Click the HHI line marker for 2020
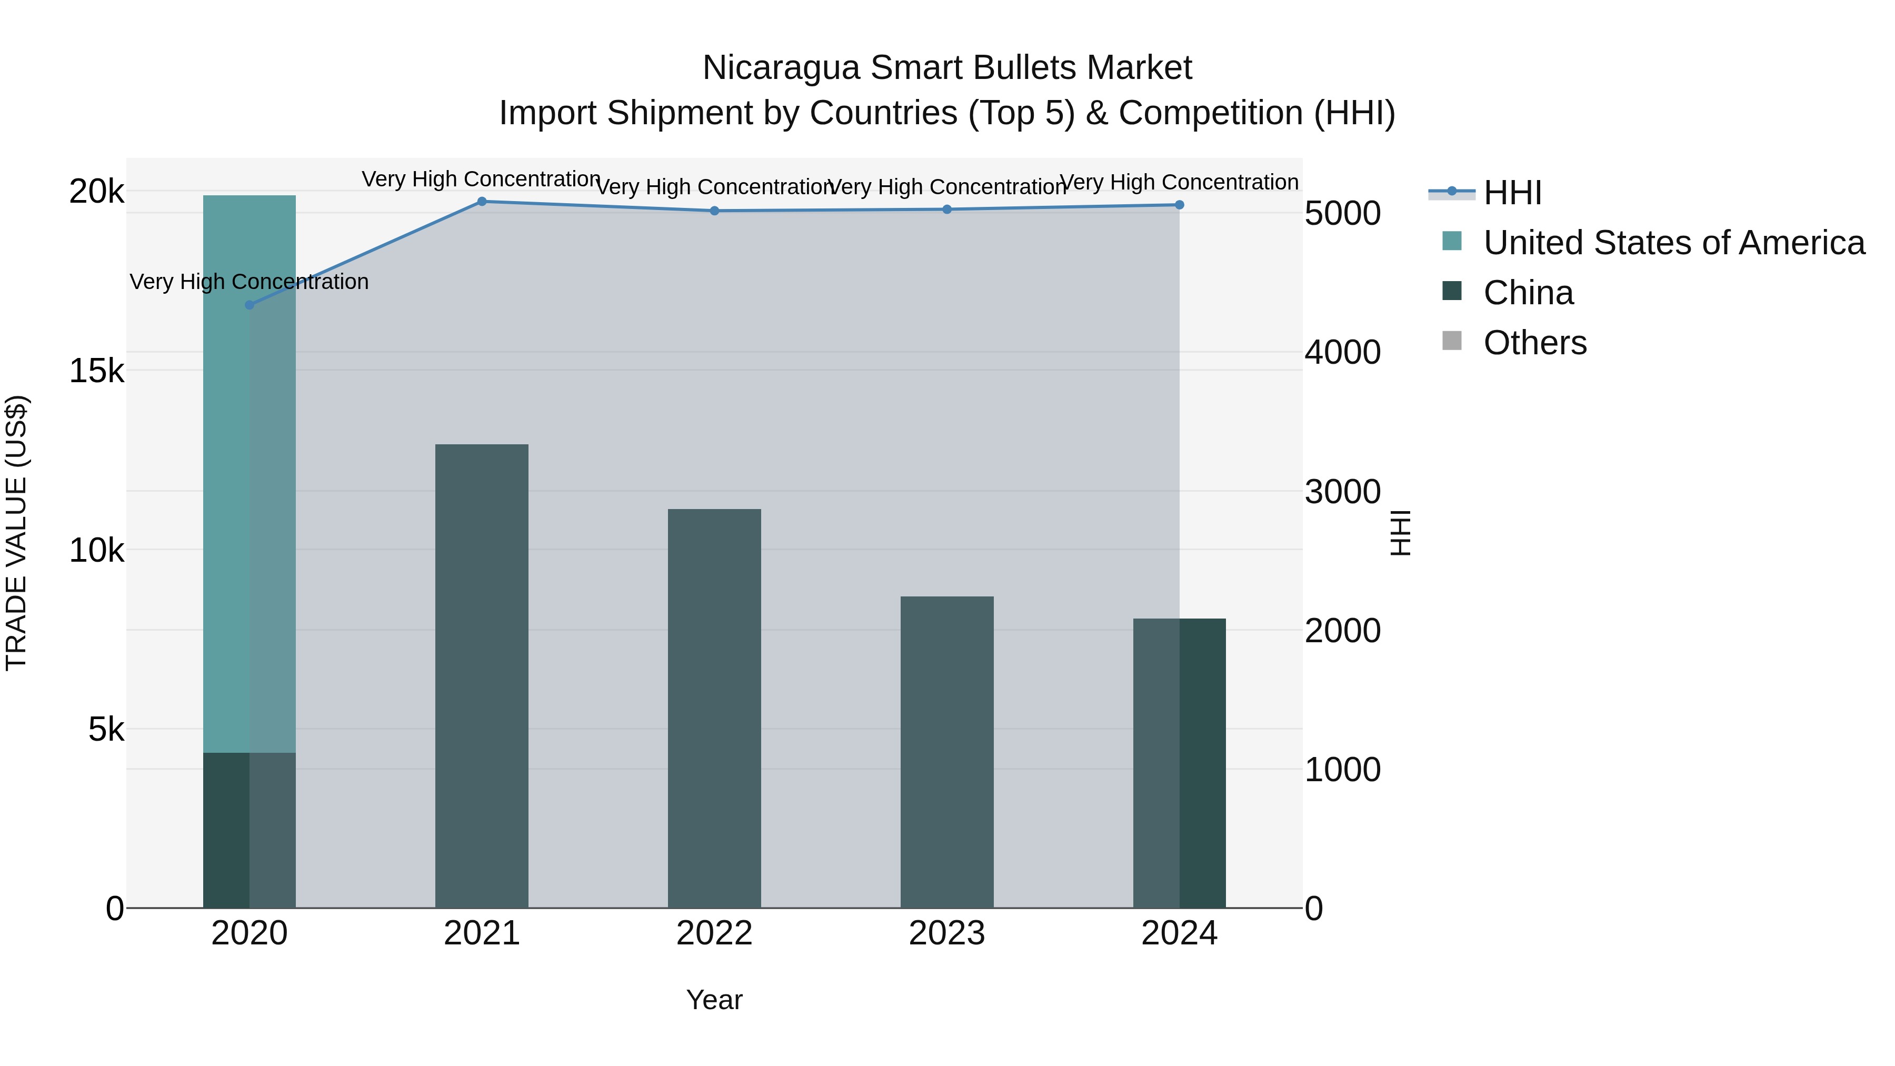[250, 305]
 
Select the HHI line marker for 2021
[482, 202]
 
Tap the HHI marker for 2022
[714, 211]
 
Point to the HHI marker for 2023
[947, 210]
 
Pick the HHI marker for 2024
[1179, 205]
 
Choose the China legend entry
[1528, 293]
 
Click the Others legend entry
[1534, 343]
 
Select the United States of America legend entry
[1673, 243]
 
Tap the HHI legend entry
[1512, 193]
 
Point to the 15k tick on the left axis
[97, 371]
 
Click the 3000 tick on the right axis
[1342, 492]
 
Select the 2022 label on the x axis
[714, 933]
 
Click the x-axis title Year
[714, 1000]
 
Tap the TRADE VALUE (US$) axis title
[16, 533]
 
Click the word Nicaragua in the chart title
[781, 68]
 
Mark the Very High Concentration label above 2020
[250, 282]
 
